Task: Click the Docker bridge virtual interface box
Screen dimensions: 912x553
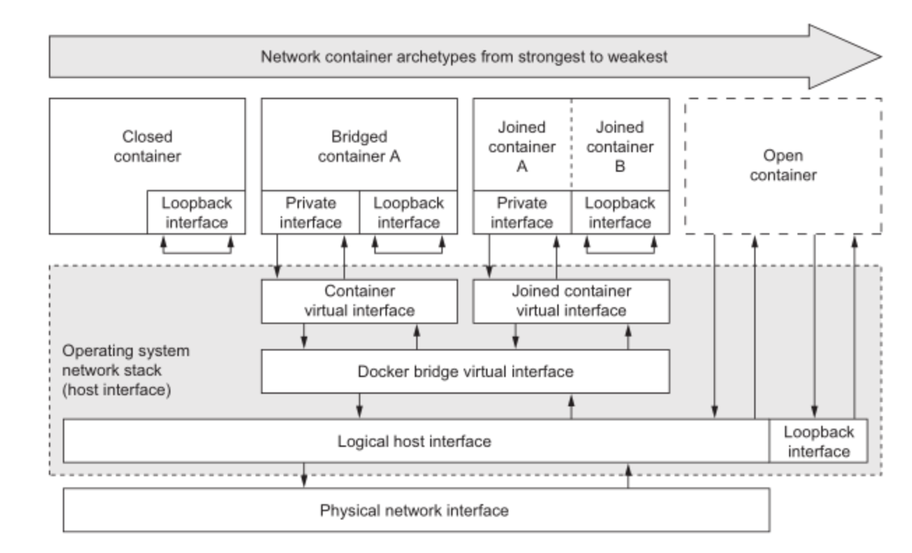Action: click(465, 371)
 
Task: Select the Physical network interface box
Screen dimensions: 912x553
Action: click(416, 510)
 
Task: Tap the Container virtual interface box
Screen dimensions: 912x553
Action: click(360, 302)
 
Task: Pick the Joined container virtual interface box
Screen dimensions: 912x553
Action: click(571, 302)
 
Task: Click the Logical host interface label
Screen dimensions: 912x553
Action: click(414, 441)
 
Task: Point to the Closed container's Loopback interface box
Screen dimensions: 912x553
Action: click(196, 212)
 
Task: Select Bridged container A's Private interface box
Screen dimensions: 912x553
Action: click(310, 212)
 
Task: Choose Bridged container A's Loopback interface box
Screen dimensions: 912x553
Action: click(409, 212)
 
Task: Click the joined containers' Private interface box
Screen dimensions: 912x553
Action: click(522, 212)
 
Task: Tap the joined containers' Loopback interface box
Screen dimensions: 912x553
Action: click(621, 212)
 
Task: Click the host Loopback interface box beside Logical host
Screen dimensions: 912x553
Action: click(818, 441)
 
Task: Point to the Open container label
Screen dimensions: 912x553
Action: click(783, 165)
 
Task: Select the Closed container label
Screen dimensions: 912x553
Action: click(147, 146)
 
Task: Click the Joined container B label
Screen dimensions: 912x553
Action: click(619, 147)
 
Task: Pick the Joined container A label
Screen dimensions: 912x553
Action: click(522, 147)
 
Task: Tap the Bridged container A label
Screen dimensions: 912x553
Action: click(359, 146)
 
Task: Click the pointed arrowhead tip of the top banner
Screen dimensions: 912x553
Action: click(881, 57)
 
